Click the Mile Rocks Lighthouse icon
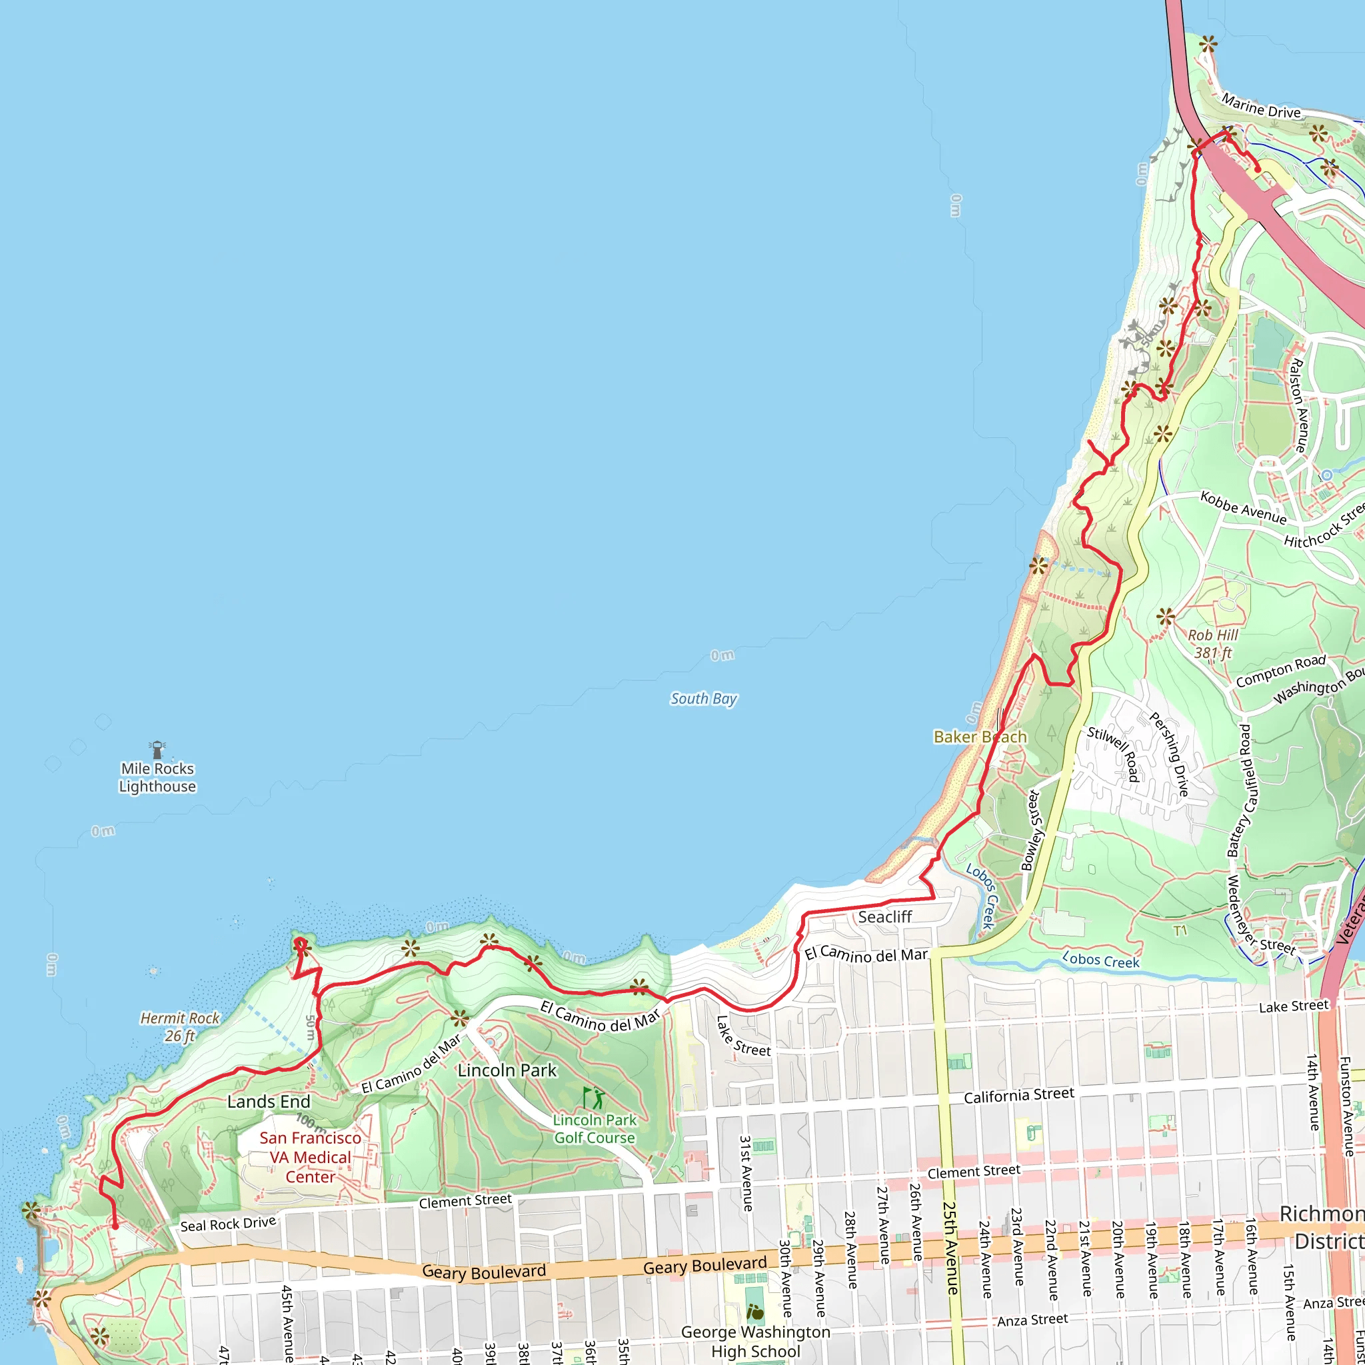click(157, 750)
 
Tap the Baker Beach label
click(979, 737)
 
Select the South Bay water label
click(703, 698)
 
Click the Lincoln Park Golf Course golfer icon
click(593, 1098)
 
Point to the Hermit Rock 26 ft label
click(179, 1026)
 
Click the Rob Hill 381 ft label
click(1212, 644)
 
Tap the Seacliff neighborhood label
click(884, 917)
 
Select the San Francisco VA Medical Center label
click(309, 1157)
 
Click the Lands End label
click(269, 1102)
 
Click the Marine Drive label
click(1261, 107)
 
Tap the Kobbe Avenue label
click(1243, 508)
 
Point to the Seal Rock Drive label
click(227, 1224)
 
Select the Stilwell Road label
click(1114, 754)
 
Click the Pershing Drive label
click(1169, 754)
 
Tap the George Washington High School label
click(755, 1341)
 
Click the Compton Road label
click(1280, 671)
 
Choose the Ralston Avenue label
click(1298, 405)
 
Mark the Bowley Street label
click(1032, 831)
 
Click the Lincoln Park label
click(507, 1070)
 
